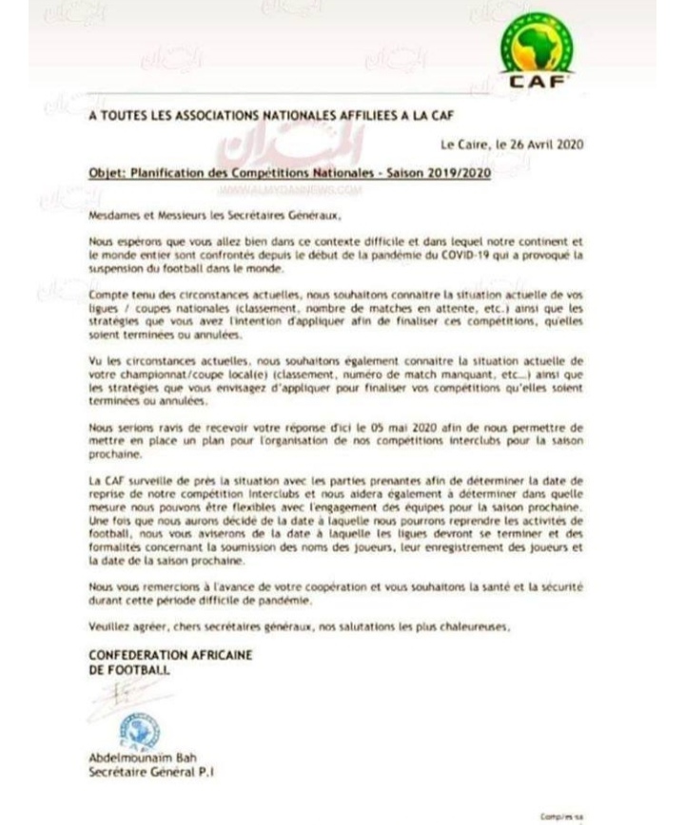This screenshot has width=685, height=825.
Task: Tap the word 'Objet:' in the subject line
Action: coord(110,176)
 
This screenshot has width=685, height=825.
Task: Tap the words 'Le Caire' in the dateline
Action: coord(461,144)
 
